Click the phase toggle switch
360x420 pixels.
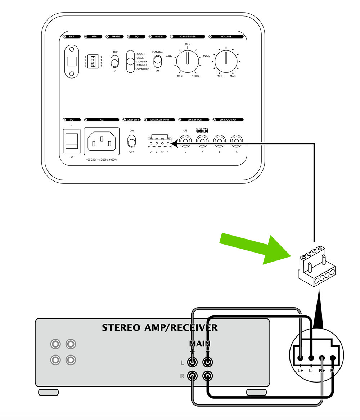pyautogui.click(x=115, y=62)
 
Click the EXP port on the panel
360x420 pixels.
pyautogui.click(x=72, y=61)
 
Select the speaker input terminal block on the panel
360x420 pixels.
pyautogui.click(x=159, y=143)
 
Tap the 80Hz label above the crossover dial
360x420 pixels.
pyautogui.click(x=187, y=44)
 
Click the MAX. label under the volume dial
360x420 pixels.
pyautogui.click(x=233, y=76)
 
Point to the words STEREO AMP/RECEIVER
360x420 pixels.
pyautogui.click(x=159, y=328)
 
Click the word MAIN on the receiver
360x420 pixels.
pyautogui.click(x=200, y=344)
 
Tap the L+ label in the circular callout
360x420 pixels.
pyautogui.click(x=301, y=370)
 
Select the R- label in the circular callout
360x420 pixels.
pyautogui.click(x=333, y=370)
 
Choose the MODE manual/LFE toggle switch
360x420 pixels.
pyautogui.click(x=157, y=62)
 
